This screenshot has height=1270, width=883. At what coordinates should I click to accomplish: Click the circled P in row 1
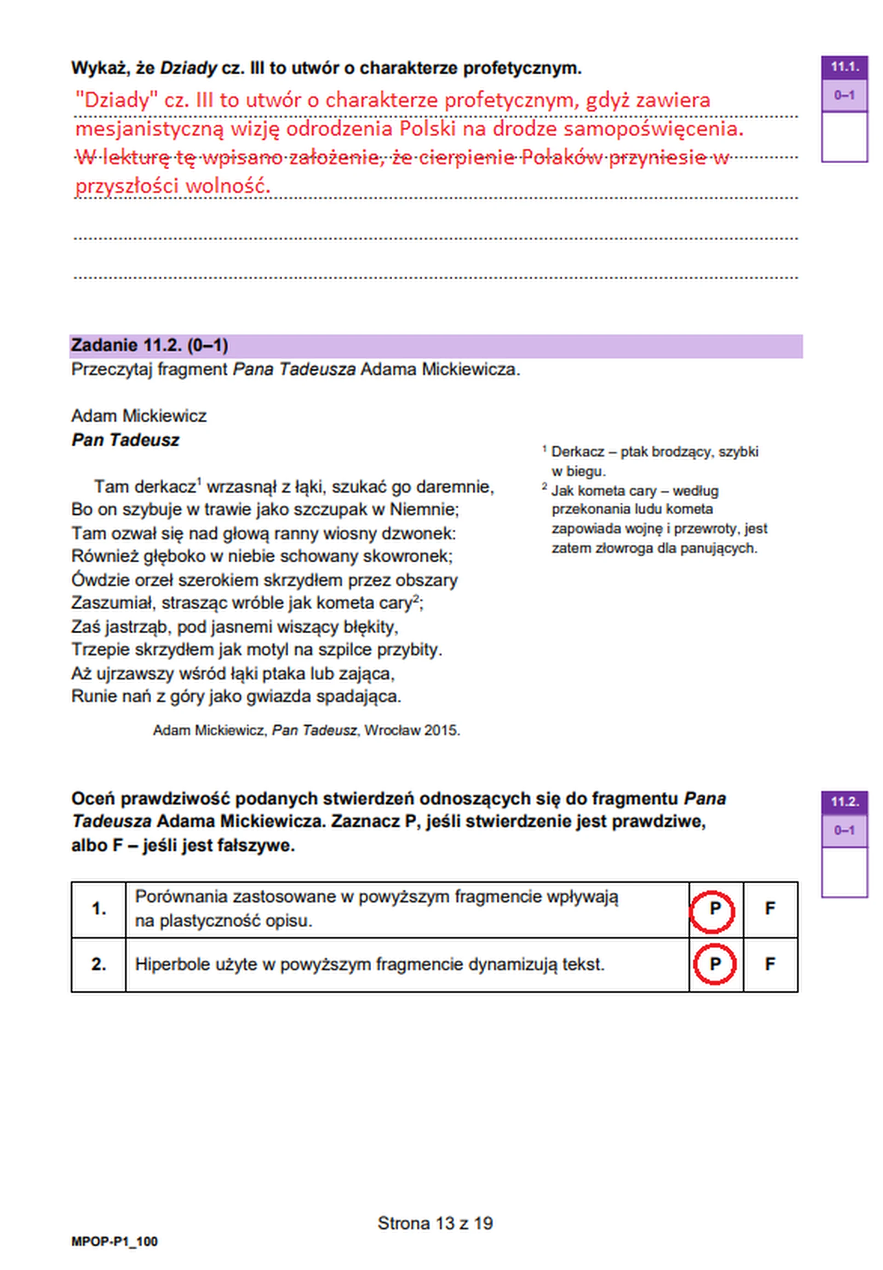pyautogui.click(x=714, y=909)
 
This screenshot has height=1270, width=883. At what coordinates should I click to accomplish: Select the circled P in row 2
pyautogui.click(x=714, y=965)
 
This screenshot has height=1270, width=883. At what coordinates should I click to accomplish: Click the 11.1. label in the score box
pyautogui.click(x=844, y=67)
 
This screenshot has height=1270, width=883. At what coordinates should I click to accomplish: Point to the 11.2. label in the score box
pyautogui.click(x=844, y=802)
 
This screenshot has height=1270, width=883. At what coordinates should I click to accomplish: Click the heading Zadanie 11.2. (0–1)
pyautogui.click(x=149, y=346)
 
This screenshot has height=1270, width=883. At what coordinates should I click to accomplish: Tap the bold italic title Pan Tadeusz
pyautogui.click(x=125, y=440)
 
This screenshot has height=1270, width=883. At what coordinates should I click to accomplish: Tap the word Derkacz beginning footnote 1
pyautogui.click(x=578, y=452)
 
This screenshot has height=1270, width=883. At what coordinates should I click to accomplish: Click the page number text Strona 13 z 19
pyautogui.click(x=435, y=1223)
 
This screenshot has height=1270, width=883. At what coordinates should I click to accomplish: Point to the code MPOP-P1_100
pyautogui.click(x=115, y=1242)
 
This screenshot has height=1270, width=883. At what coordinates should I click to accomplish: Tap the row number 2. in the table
pyautogui.click(x=98, y=965)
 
